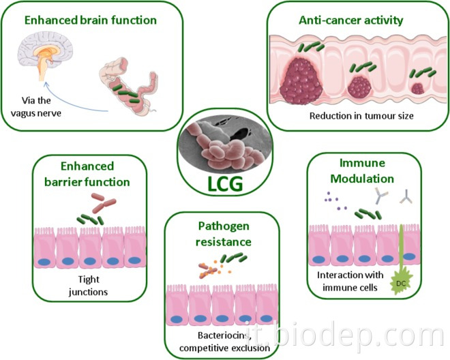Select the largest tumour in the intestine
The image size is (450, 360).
[302, 81]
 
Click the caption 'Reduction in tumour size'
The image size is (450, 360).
[352, 115]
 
